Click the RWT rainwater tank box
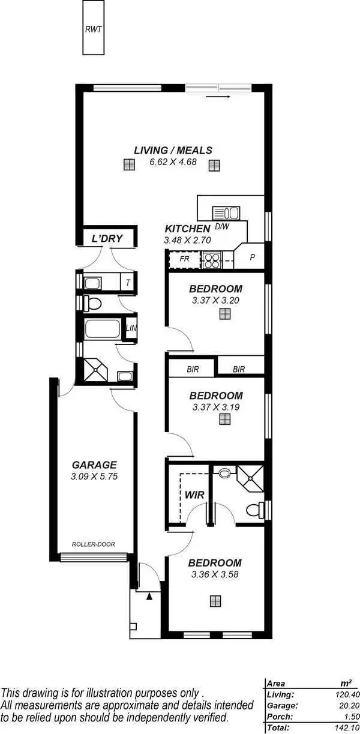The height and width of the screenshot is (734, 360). point(93,28)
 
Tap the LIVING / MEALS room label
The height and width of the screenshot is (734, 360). point(173,150)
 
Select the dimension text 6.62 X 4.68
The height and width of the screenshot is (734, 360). point(173,161)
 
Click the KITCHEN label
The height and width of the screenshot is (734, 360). point(187,229)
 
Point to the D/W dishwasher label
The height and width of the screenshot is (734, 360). point(222,227)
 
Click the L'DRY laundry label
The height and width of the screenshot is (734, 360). point(107,239)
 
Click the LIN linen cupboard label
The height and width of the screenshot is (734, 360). point(131,328)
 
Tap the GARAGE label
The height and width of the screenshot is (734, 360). point(94,465)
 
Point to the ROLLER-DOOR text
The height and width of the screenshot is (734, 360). point(93,544)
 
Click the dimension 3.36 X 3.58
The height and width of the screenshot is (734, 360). point(215,574)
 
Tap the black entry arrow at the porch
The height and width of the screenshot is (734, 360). point(149,596)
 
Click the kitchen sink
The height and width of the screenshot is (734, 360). point(226,212)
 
